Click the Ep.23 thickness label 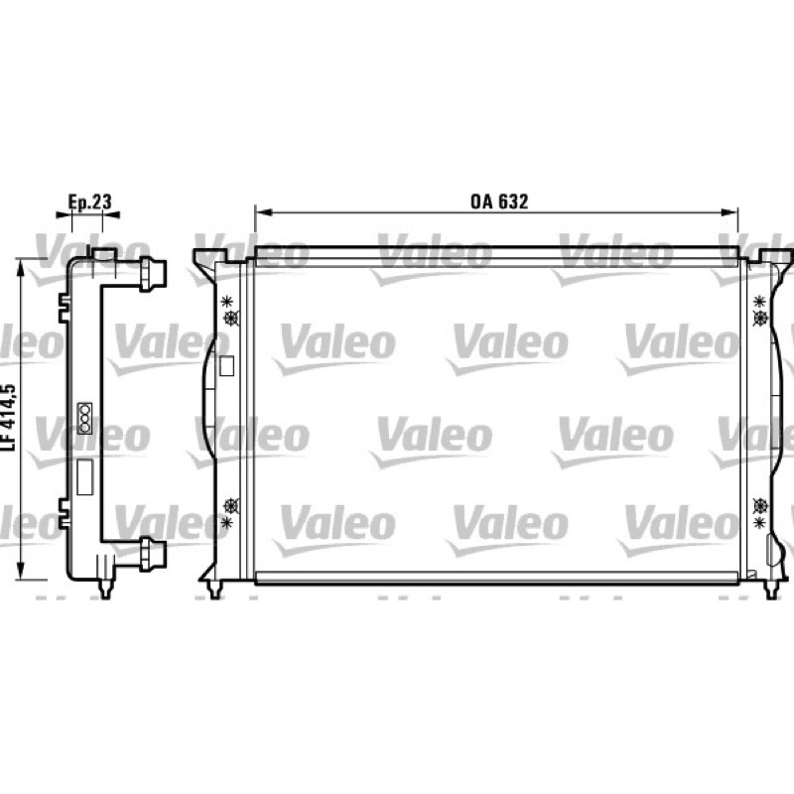[x=89, y=201]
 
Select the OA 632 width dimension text [x=499, y=201]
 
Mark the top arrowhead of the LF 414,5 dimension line [x=20, y=268]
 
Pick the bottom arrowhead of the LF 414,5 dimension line [x=20, y=571]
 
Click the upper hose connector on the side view [x=153, y=275]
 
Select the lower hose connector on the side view [x=153, y=554]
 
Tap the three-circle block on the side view [x=84, y=418]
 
